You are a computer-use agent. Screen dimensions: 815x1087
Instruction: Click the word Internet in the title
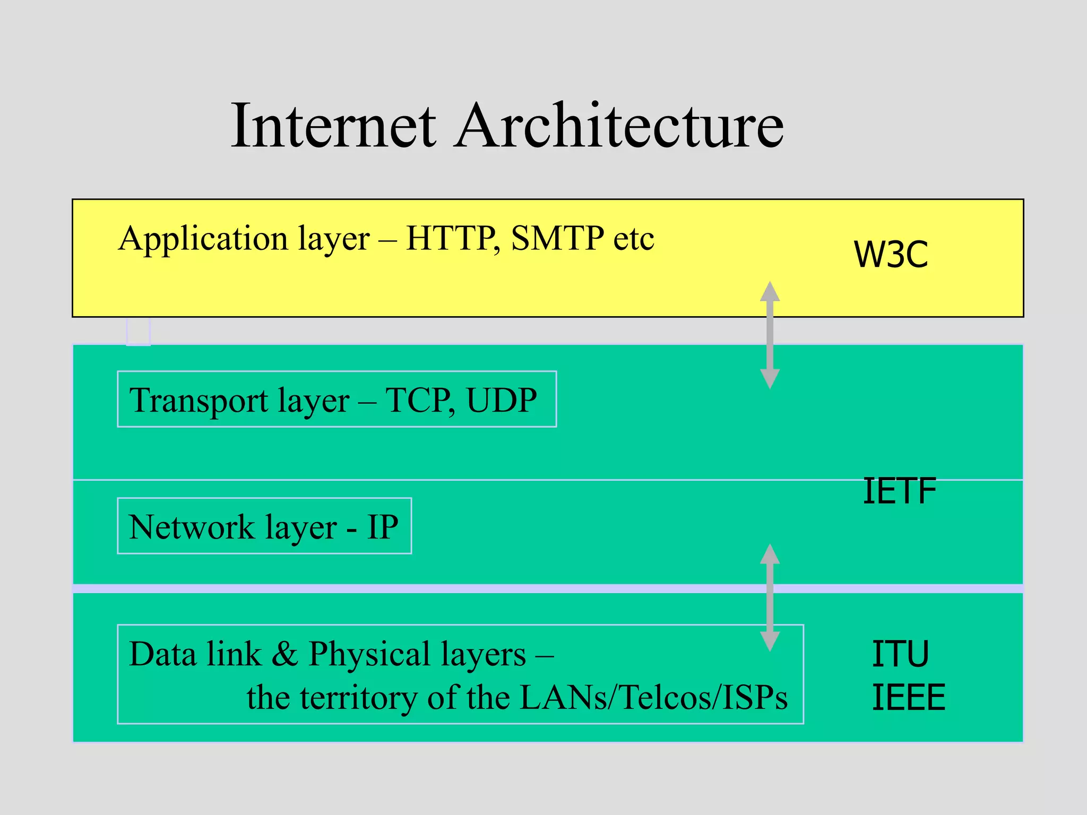coord(333,126)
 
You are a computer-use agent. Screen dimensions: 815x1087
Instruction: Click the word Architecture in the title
coord(619,126)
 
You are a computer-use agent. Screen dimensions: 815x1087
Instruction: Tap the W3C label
coord(891,255)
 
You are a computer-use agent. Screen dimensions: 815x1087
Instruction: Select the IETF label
coord(899,491)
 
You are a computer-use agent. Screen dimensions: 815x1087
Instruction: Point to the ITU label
coord(900,654)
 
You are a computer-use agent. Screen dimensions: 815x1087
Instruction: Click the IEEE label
coord(908,697)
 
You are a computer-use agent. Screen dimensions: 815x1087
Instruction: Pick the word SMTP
coord(557,238)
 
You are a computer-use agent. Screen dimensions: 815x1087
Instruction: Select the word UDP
coord(502,400)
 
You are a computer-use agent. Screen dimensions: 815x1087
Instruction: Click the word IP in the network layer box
coord(382,527)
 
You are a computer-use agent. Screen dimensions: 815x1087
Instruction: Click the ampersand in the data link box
coord(285,654)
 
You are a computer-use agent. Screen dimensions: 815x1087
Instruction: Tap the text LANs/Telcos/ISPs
coord(653,697)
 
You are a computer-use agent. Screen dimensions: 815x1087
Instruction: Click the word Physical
coord(369,655)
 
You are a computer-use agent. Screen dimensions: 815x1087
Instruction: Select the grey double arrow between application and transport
coord(770,335)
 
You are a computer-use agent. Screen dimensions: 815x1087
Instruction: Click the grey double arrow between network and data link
coord(770,597)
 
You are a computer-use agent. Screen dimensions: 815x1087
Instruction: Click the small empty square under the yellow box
coord(139,332)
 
